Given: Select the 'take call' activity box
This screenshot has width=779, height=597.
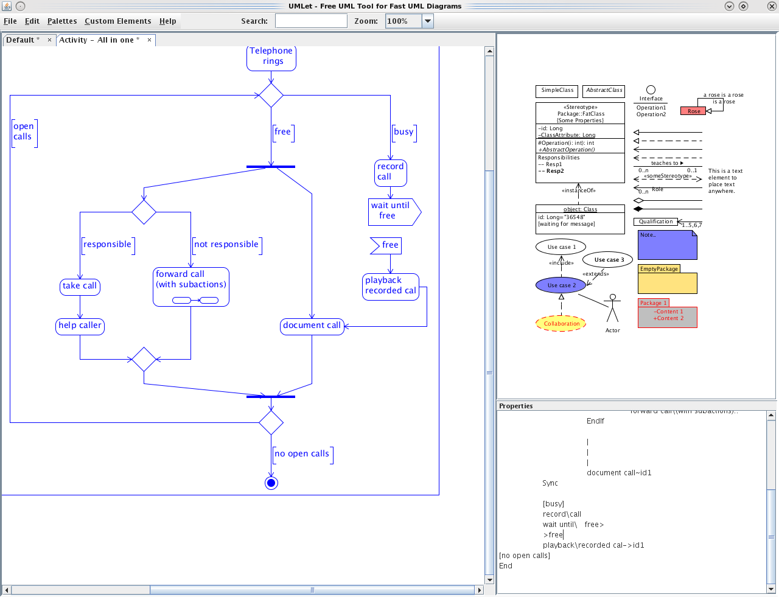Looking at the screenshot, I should click(x=80, y=286).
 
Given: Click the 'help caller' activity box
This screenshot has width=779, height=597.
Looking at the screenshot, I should click(x=80, y=326).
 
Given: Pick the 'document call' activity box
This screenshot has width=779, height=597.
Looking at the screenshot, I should click(x=312, y=326).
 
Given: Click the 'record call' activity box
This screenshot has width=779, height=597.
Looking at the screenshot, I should click(x=390, y=172).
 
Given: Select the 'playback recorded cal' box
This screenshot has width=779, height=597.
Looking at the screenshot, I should click(x=391, y=286).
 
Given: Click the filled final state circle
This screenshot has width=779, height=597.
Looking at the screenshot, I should click(x=271, y=483).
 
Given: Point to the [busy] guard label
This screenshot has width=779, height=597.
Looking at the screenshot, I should click(x=403, y=132).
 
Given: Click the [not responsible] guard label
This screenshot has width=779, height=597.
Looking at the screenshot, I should click(x=226, y=245).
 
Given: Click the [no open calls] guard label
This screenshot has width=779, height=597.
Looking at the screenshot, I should click(x=302, y=454).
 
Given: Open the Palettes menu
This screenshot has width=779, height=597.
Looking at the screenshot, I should click(x=62, y=21).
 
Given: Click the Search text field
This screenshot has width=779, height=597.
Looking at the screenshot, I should click(x=311, y=21).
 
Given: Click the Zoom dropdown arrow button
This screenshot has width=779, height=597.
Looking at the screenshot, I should click(x=428, y=21).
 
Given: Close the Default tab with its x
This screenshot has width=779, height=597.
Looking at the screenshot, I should click(x=49, y=40).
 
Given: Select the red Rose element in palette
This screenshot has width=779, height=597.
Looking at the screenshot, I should click(x=693, y=111).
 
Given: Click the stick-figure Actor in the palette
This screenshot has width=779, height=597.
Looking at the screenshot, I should click(x=613, y=309).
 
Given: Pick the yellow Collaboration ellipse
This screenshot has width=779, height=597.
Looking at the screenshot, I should click(x=561, y=324).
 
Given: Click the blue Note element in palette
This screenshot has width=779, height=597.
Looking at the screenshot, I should click(x=667, y=245).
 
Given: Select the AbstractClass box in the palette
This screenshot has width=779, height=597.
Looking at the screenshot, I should click(x=604, y=91).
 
